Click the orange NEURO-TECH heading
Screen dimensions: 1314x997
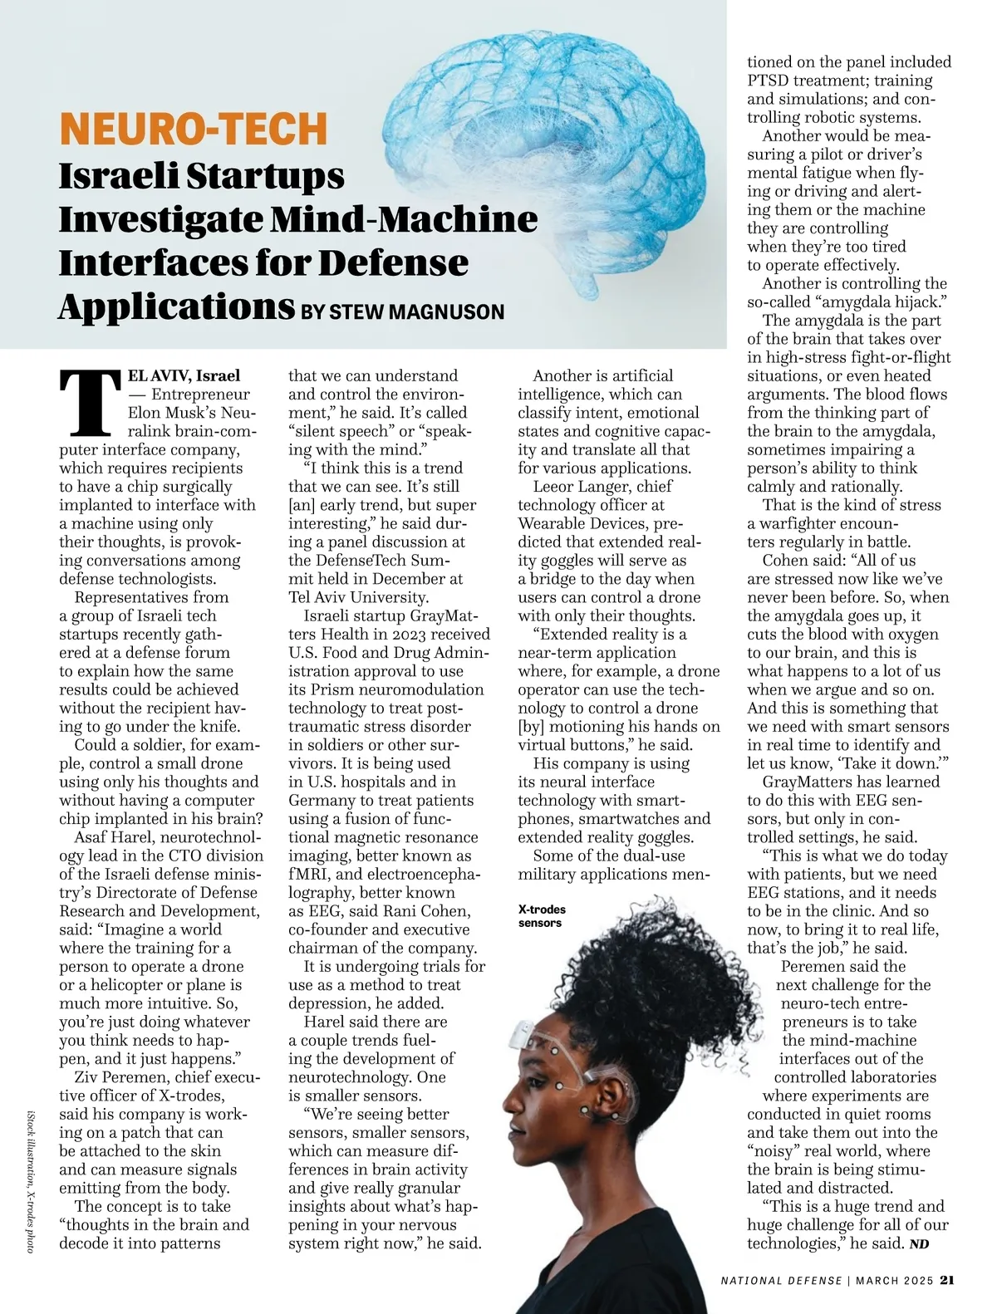pyautogui.click(x=194, y=129)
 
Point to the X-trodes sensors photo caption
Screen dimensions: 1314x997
pyautogui.click(x=541, y=915)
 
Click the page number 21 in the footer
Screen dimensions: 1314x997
pyautogui.click(x=946, y=1279)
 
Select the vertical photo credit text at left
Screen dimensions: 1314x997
pyautogui.click(x=31, y=1180)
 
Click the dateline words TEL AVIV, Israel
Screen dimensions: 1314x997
pyautogui.click(x=183, y=375)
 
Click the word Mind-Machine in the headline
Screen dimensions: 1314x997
pyautogui.click(x=404, y=219)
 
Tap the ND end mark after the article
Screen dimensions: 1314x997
pyautogui.click(x=919, y=1244)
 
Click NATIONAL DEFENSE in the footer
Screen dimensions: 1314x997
pyautogui.click(x=781, y=1280)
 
